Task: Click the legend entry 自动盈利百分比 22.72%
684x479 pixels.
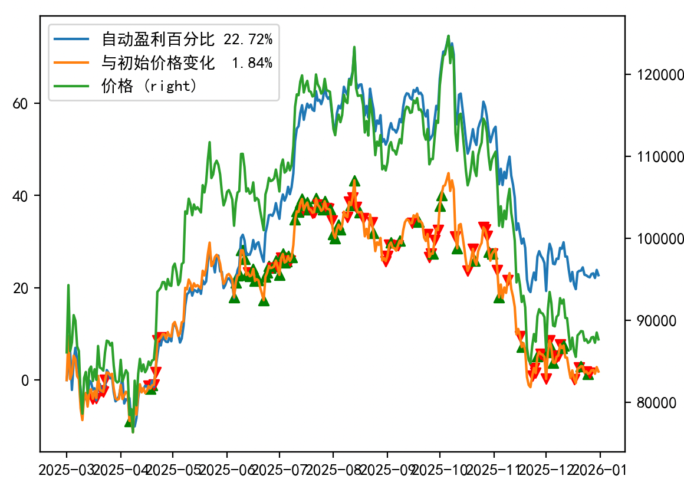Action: [187, 40]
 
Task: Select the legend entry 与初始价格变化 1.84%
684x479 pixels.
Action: [187, 63]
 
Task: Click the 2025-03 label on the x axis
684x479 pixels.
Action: [66, 470]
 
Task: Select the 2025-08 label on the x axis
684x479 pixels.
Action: [333, 470]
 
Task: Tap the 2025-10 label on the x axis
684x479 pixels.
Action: [439, 470]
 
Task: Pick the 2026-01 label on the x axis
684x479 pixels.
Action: [600, 470]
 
